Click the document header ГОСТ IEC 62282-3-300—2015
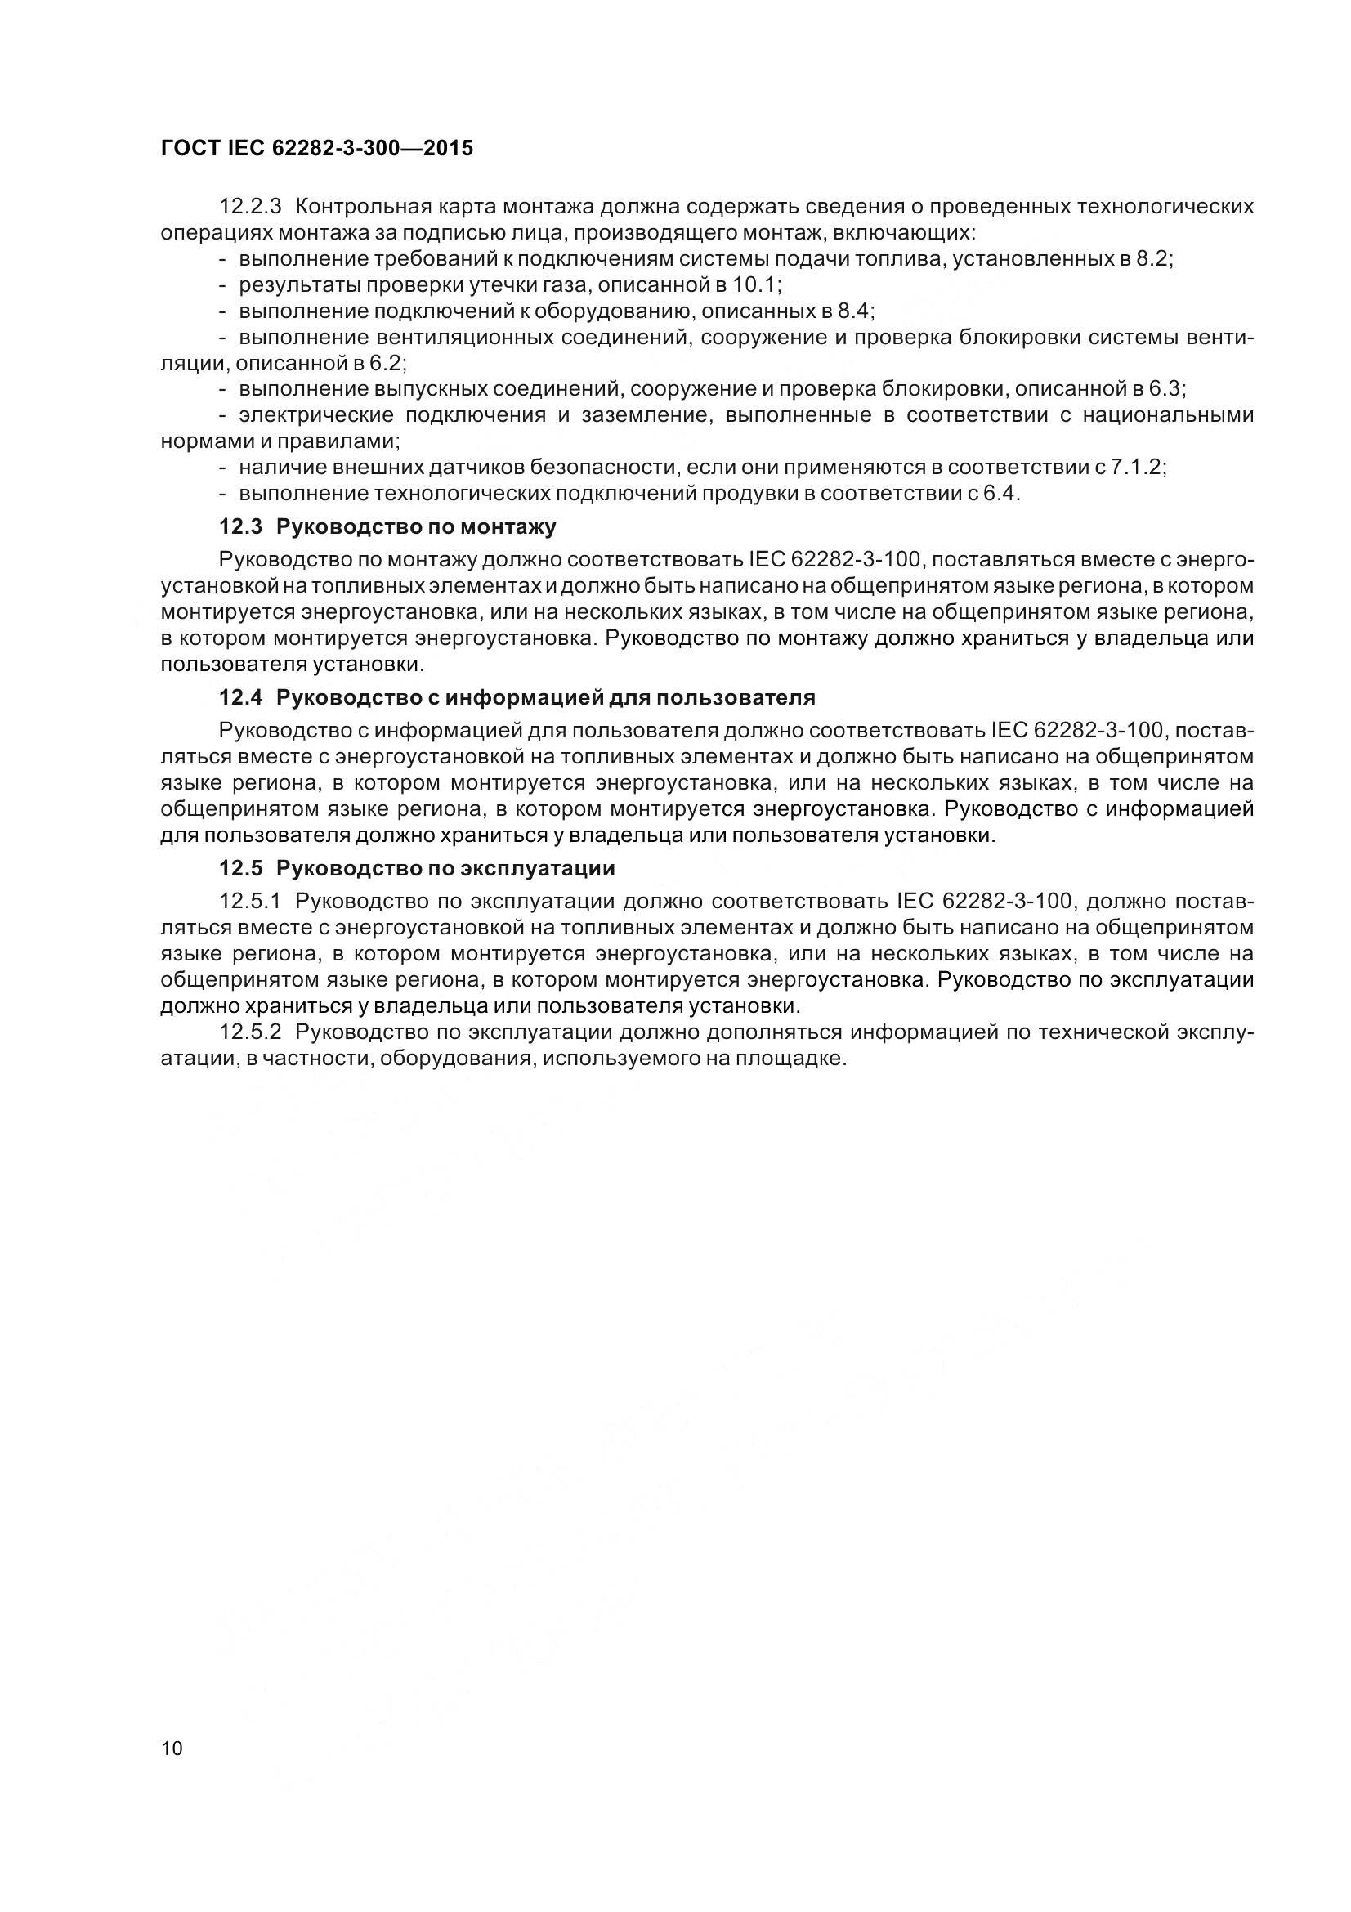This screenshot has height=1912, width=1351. click(x=316, y=148)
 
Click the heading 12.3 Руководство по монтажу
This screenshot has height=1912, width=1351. click(x=387, y=526)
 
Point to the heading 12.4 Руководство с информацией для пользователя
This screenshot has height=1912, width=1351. click(x=517, y=697)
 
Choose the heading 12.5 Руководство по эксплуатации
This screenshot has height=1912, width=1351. click(x=417, y=868)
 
